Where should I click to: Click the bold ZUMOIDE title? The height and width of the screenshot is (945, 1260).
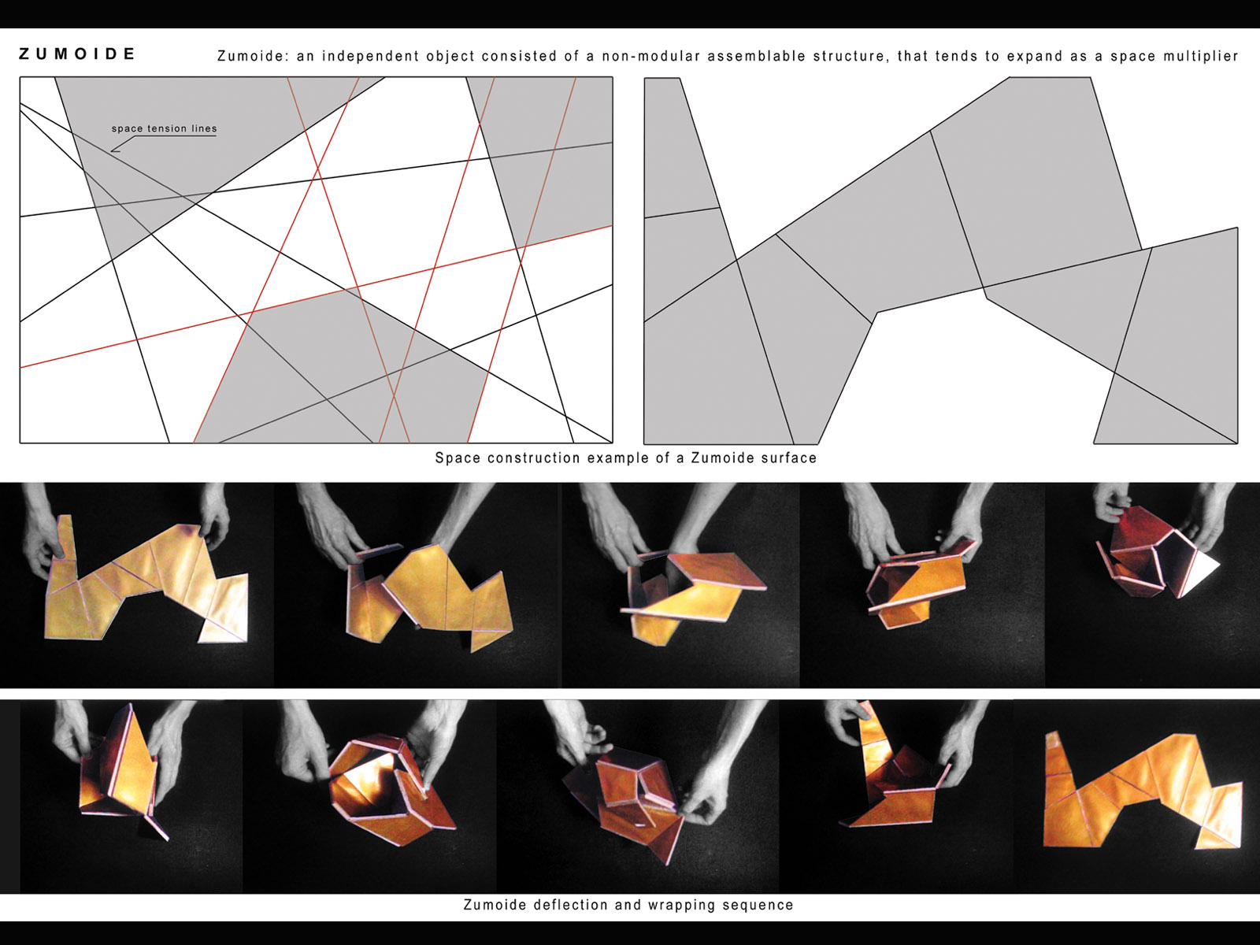77,54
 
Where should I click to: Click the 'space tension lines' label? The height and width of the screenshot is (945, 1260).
164,128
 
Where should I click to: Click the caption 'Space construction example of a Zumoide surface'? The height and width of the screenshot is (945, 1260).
626,458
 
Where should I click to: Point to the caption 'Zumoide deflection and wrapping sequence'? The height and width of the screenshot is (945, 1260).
628,905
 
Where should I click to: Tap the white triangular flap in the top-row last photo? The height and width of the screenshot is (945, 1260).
1202,571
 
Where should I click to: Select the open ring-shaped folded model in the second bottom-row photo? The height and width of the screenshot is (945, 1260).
391,789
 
